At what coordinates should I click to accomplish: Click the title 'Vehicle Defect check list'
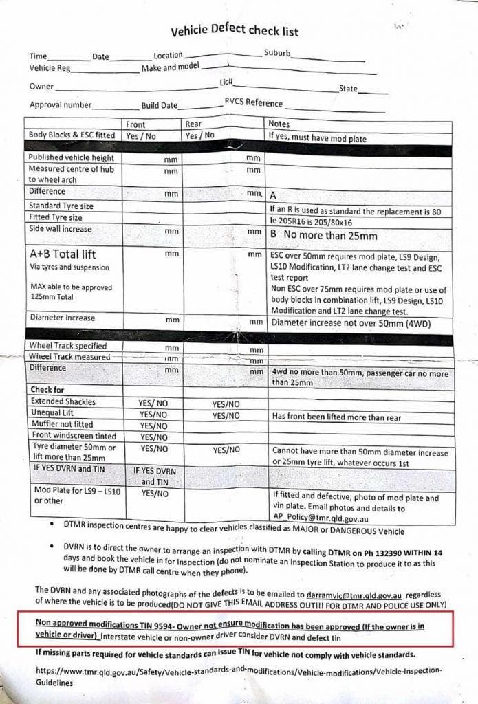coord(234,31)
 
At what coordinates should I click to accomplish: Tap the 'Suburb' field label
coord(277,53)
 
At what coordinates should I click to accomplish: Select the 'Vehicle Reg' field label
coord(50,68)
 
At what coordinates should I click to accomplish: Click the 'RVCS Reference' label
coord(253,103)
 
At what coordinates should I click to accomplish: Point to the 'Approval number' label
coord(61,105)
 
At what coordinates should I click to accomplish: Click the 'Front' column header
coord(136,124)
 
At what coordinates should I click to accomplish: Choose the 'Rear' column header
coord(193,124)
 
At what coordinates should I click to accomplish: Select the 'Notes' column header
coord(279,124)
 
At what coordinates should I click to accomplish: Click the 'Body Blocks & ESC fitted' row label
coord(72,136)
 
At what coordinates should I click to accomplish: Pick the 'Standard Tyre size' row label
coord(61,206)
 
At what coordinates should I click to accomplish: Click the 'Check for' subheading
coord(46,390)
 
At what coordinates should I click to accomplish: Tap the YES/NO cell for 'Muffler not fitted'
coord(154,425)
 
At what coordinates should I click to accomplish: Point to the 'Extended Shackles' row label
coord(63,401)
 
